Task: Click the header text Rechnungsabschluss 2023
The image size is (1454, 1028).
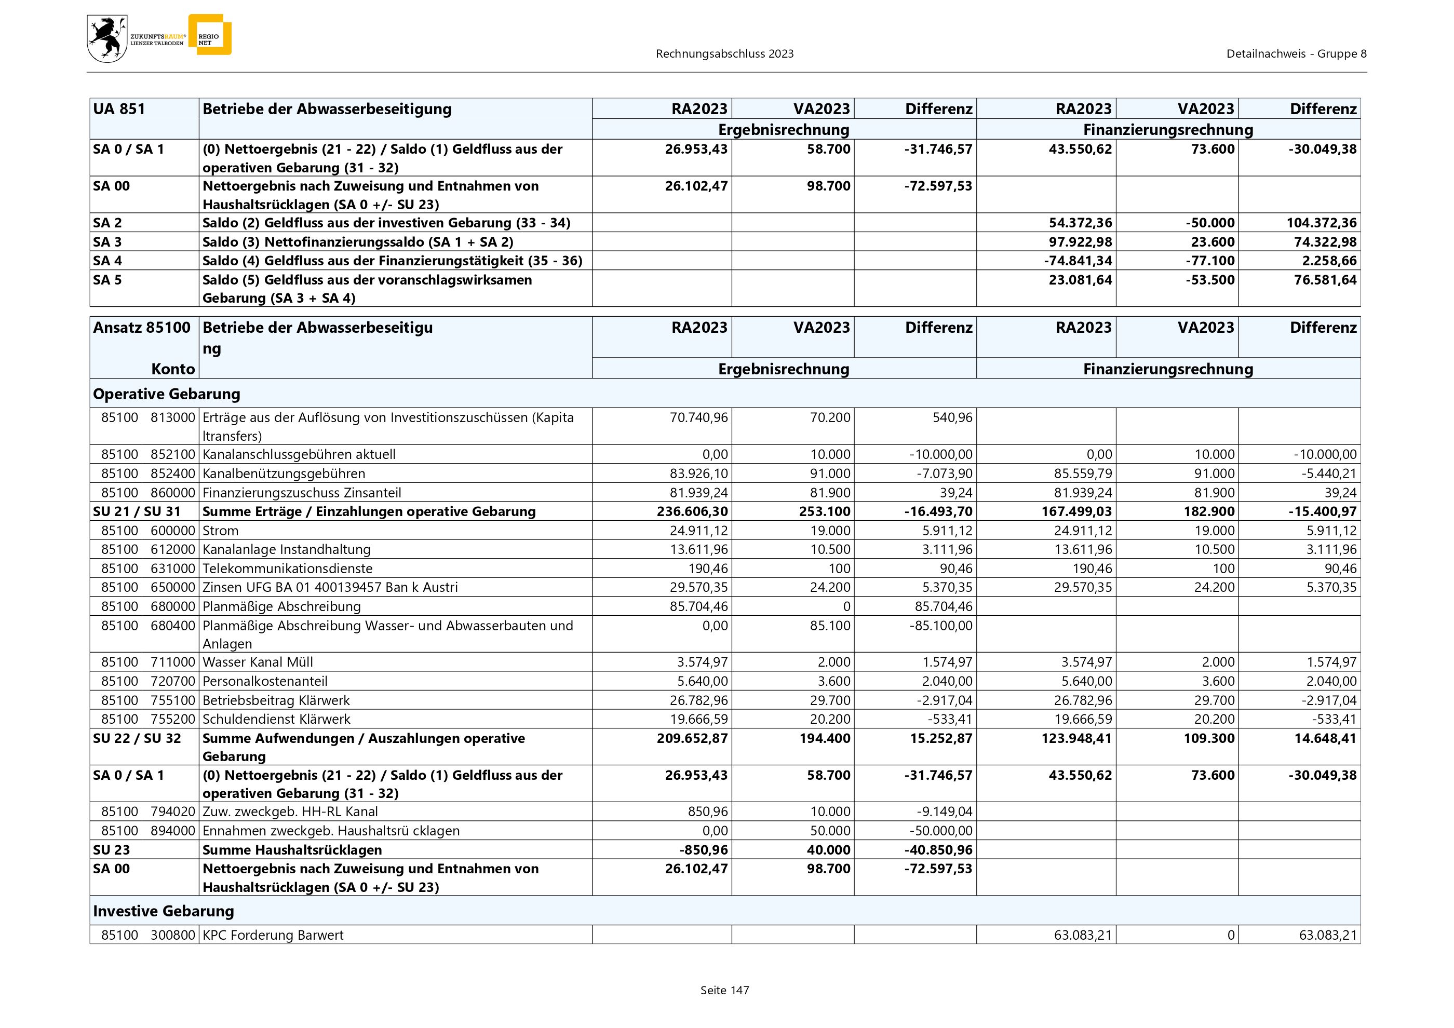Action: [x=724, y=54]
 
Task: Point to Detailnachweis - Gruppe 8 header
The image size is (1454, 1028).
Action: [x=1296, y=54]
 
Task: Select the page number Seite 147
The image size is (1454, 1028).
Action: [x=724, y=990]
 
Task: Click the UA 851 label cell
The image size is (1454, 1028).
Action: [x=119, y=109]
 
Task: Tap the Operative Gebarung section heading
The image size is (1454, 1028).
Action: [x=167, y=394]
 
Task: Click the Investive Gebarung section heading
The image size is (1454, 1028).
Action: [x=164, y=911]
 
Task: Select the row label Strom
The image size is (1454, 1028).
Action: [x=220, y=531]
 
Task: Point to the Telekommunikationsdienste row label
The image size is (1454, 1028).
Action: [x=288, y=569]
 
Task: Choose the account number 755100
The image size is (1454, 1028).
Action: [x=172, y=700]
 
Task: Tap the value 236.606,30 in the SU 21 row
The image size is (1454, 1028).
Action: [x=692, y=511]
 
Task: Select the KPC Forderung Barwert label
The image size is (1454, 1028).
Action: [x=273, y=935]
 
